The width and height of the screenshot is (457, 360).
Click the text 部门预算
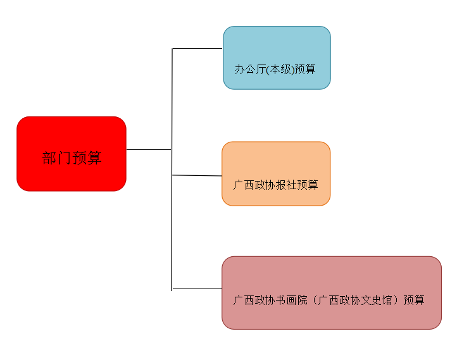(72, 158)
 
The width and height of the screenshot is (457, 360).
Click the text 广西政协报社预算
(275, 185)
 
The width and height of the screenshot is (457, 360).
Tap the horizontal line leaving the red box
(149, 149)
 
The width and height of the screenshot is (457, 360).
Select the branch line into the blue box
(197, 48)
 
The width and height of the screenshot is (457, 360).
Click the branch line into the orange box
(197, 175)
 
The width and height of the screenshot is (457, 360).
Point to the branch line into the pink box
(197, 289)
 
